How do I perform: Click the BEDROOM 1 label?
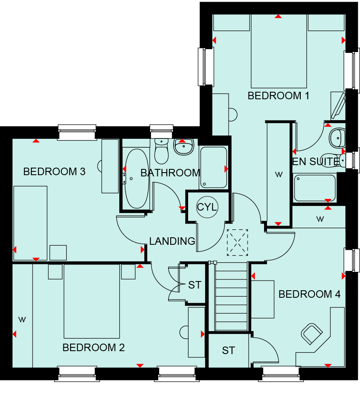click(278, 95)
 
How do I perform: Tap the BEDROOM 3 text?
click(54, 171)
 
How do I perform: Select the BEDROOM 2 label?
click(93, 348)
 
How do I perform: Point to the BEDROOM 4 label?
click(310, 294)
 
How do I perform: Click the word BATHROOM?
click(170, 173)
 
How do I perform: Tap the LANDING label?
click(172, 241)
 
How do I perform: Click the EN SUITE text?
click(316, 161)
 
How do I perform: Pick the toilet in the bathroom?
click(161, 151)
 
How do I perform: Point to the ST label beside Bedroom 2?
click(195, 285)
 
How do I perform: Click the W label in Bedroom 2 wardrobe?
click(22, 320)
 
